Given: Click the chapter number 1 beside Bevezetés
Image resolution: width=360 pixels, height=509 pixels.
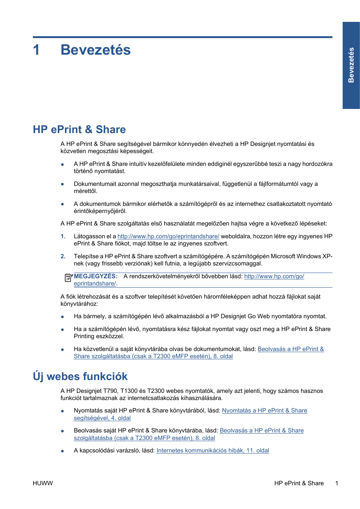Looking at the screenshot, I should coord(36,50).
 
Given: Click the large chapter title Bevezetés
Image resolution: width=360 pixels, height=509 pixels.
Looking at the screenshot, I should coord(95,50).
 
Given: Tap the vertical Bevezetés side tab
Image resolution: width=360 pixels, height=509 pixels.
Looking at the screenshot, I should coord(351,65).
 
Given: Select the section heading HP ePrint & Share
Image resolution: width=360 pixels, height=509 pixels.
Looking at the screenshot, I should coord(79,129).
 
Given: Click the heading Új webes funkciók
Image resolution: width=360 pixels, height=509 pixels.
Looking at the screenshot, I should coord(80,376).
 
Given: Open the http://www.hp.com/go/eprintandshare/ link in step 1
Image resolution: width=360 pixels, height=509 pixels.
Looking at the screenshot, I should coord(168,236).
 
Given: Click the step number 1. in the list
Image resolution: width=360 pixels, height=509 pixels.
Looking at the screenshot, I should coord(63,236).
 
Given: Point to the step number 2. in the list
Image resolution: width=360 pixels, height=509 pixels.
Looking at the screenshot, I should coord(63,256).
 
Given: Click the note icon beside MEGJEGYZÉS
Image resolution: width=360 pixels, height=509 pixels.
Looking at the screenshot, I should coord(68,277).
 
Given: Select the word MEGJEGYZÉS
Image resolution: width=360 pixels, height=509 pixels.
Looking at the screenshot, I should coord(95,276).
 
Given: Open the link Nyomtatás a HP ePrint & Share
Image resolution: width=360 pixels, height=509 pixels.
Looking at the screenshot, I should coord(265,411).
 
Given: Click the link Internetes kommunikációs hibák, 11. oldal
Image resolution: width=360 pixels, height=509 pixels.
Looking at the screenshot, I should coord(213,451).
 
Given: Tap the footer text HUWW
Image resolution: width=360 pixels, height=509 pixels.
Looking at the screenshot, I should coord(43,483).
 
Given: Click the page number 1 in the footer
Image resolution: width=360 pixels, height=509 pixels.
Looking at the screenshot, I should coord(337,483).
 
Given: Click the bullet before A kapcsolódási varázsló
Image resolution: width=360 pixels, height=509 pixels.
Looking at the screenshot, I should coord(62,451).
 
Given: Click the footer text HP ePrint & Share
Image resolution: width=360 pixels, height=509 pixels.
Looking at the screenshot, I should coord(299,483).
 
